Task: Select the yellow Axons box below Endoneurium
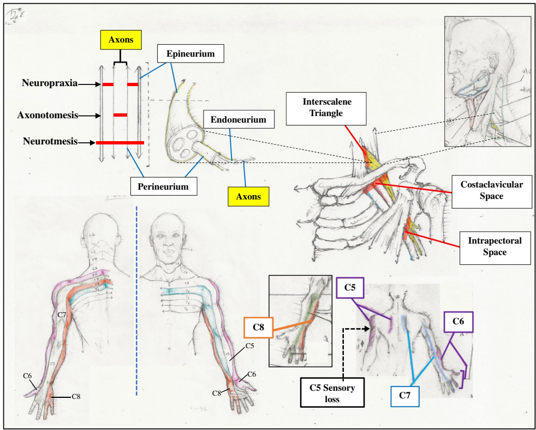(x=248, y=197)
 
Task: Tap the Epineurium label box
(x=190, y=54)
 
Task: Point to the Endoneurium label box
(x=239, y=119)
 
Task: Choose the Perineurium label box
(x=163, y=186)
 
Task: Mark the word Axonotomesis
(x=47, y=115)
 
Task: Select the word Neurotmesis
(x=50, y=142)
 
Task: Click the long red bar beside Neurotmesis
(x=120, y=143)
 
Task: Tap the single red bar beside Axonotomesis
(x=120, y=115)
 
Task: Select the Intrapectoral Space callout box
(x=495, y=246)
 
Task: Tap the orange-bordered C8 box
(x=259, y=328)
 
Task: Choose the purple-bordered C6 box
(x=458, y=322)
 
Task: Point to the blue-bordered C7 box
(x=404, y=396)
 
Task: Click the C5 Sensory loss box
(x=332, y=393)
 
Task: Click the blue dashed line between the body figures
(x=136, y=300)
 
